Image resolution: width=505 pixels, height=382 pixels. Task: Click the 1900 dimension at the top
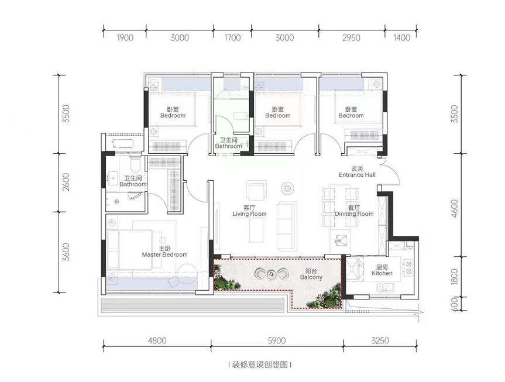point(125,38)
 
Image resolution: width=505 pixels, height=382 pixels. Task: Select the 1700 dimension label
point(232,38)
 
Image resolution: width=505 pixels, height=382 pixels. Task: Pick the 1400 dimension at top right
point(401,38)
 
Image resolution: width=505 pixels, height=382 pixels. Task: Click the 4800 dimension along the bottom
point(157,340)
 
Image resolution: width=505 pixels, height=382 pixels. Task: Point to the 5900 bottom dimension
point(277,340)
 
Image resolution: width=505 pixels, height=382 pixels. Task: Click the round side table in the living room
point(287,188)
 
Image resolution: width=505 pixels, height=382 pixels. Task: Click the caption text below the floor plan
point(260,364)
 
